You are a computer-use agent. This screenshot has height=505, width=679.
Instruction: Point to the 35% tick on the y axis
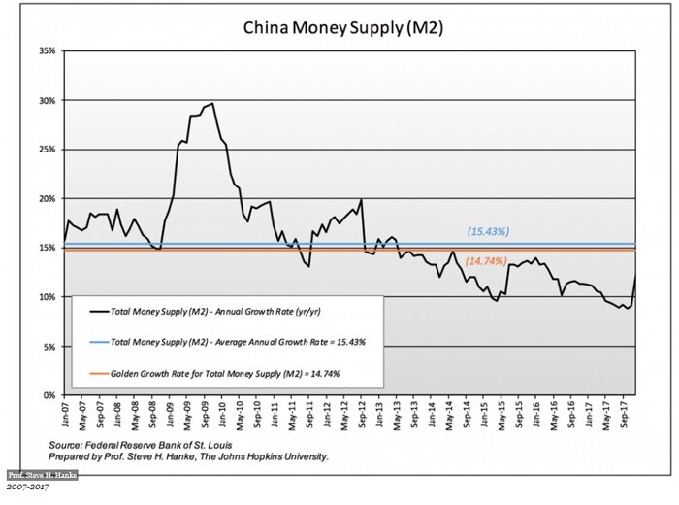pyautogui.click(x=47, y=50)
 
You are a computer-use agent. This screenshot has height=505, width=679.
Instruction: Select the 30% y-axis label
pyautogui.click(x=47, y=100)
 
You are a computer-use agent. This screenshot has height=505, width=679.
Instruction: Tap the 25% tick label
pyautogui.click(x=47, y=150)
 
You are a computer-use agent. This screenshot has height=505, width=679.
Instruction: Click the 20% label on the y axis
pyautogui.click(x=47, y=198)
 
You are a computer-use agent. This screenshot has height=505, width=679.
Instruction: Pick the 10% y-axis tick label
pyautogui.click(x=47, y=297)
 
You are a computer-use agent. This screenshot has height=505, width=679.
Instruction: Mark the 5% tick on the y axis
pyautogui.click(x=48, y=347)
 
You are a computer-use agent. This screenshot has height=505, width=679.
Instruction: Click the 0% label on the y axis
pyautogui.click(x=48, y=395)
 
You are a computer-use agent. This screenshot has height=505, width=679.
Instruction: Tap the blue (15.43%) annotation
pyautogui.click(x=488, y=231)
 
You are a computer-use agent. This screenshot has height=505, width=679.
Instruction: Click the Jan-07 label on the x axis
pyautogui.click(x=65, y=416)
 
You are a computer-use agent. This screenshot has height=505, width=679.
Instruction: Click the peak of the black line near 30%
pyautogui.click(x=212, y=103)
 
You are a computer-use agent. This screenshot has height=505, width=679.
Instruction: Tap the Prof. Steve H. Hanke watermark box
pyautogui.click(x=42, y=475)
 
